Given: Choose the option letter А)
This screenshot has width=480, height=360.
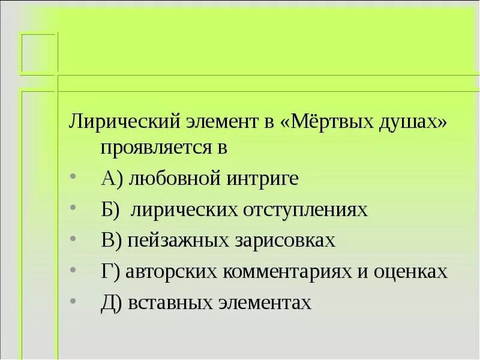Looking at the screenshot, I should pyautogui.click(x=112, y=178).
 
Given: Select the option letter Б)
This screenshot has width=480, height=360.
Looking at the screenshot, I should pyautogui.click(x=110, y=209).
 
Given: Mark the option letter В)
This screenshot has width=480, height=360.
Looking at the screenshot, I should pyautogui.click(x=112, y=241).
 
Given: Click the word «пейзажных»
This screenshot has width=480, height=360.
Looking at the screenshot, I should pyautogui.click(x=174, y=241).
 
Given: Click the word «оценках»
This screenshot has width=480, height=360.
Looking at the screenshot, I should pyautogui.click(x=414, y=272).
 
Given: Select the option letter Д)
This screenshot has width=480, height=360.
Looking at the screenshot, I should pyautogui.click(x=113, y=303).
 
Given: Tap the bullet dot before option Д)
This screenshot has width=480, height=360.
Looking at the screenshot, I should pyautogui.click(x=73, y=301).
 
